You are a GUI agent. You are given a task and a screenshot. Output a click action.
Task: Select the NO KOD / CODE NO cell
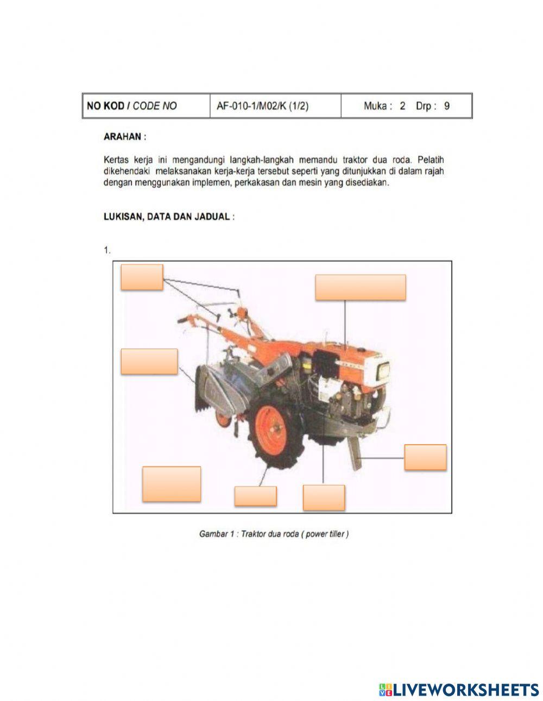(131, 106)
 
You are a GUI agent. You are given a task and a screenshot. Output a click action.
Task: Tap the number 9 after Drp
(446, 106)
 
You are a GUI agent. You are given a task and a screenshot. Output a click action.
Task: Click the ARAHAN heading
(124, 137)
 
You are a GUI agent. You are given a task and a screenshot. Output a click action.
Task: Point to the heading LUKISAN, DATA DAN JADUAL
(169, 216)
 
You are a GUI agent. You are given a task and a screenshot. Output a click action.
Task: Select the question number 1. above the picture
(107, 250)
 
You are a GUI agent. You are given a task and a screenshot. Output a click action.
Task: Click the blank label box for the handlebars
(142, 277)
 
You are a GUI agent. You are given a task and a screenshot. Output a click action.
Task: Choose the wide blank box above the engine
(360, 287)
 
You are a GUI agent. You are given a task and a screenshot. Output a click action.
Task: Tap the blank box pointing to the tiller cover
(149, 361)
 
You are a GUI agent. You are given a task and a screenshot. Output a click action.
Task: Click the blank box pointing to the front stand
(425, 457)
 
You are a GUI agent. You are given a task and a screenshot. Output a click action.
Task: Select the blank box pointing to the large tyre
(255, 496)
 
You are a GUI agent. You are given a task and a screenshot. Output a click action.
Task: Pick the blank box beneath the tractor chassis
(324, 497)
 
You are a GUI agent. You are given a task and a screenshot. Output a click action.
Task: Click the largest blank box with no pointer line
(172, 483)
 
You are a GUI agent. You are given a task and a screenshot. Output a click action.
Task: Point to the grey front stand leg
(356, 454)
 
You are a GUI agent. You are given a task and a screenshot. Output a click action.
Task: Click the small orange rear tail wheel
(223, 418)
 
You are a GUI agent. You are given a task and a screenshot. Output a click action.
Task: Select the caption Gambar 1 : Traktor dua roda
(274, 534)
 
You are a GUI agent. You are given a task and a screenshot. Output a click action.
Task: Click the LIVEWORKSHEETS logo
(459, 689)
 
